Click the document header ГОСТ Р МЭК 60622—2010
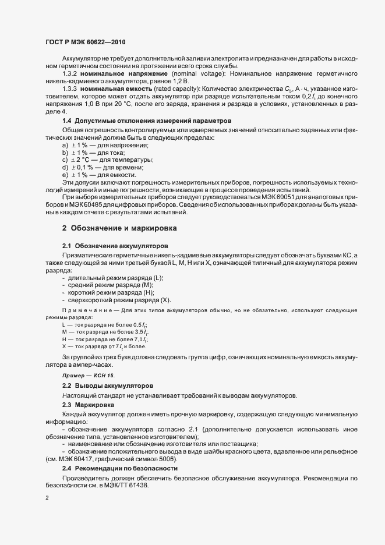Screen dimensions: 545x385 pyautogui.click(x=85, y=43)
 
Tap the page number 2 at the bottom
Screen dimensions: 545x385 pyautogui.click(x=47, y=498)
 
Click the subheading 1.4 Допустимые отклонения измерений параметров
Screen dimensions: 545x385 pyautogui.click(x=135, y=121)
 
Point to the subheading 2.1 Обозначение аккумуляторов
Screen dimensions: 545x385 pyautogui.click(x=115, y=247)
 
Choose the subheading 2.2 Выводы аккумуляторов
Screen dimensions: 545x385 pyautogui.click(x=108, y=386)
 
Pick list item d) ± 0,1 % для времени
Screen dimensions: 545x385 pyautogui.click(x=105, y=167)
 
